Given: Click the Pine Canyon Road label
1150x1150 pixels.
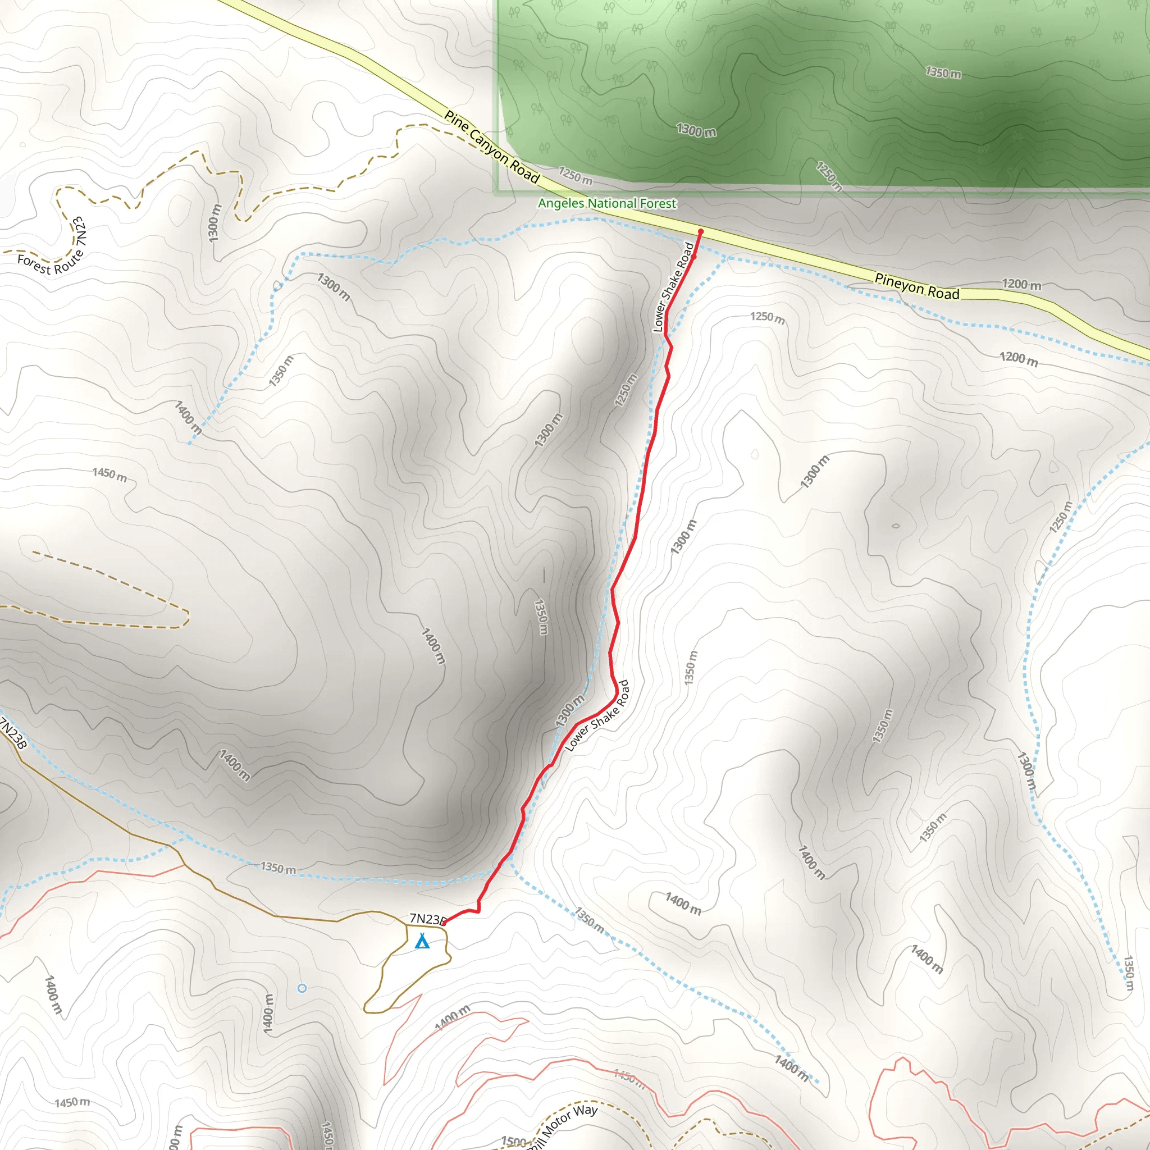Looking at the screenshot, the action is [x=492, y=147].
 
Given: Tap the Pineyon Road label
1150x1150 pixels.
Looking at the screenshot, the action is [x=916, y=286].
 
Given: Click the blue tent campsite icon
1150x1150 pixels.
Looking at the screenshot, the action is [x=422, y=941].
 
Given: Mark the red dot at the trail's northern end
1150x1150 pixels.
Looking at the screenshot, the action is [x=701, y=231].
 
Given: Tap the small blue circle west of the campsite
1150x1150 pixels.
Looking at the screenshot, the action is [x=302, y=988].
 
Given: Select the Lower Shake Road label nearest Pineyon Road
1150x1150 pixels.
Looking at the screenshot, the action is [x=673, y=287].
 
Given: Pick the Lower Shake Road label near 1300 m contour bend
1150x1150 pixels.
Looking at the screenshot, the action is [x=596, y=716].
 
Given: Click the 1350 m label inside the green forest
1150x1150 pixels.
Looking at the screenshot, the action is [x=943, y=73].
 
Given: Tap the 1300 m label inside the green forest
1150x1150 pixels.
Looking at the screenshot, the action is [x=696, y=130].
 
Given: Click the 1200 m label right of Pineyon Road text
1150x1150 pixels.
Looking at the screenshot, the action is [x=1021, y=285].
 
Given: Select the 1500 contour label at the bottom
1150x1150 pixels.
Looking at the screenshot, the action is [x=514, y=1140].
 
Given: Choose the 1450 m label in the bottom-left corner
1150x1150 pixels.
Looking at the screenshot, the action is [x=72, y=1102].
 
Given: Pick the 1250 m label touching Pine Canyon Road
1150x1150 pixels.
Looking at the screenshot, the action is [x=576, y=176].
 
